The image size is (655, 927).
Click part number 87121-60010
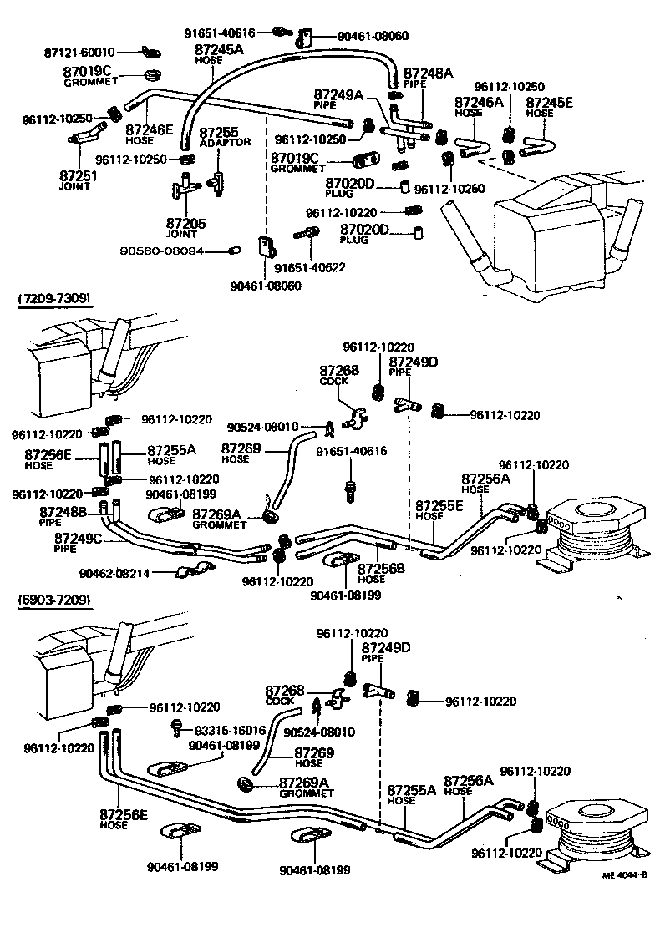pos(79,52)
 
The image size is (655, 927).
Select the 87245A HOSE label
pos(219,54)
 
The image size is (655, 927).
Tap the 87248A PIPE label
pos(428,78)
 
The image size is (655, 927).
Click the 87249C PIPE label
pos(78,543)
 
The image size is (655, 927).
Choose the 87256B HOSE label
pos(382,573)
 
